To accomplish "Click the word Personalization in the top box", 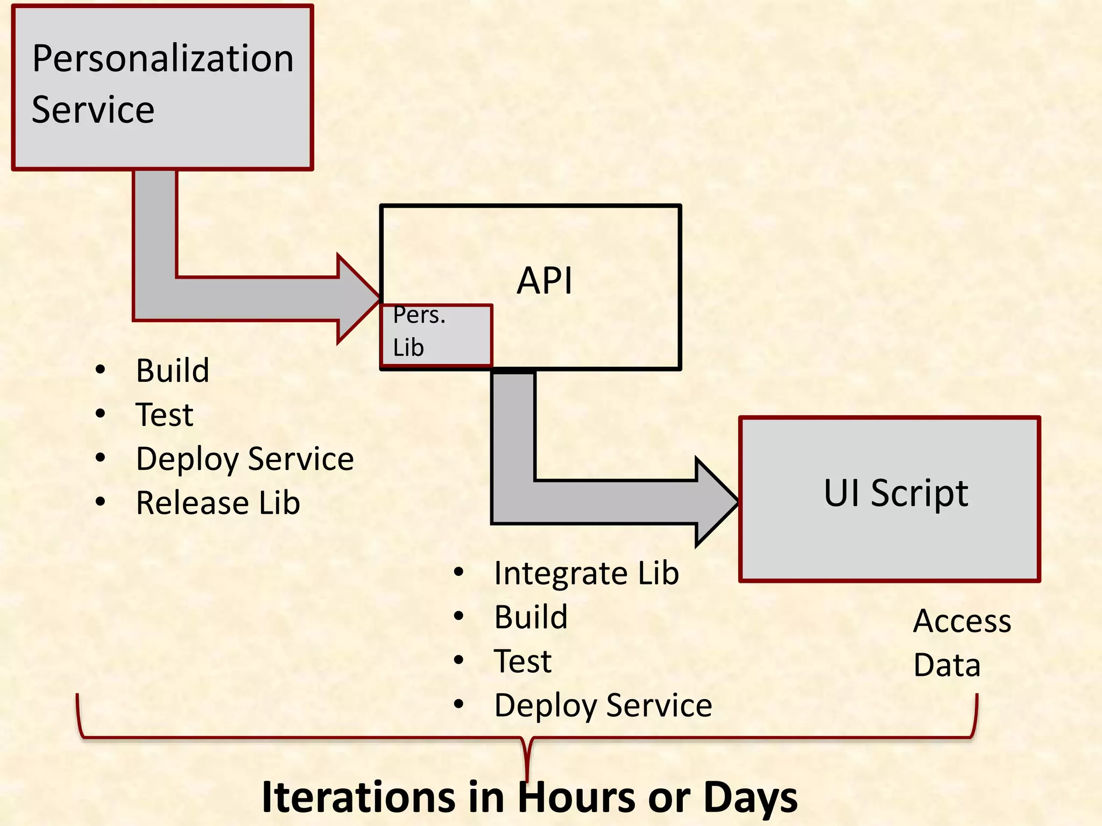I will (x=163, y=59).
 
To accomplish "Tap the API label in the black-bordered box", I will (x=545, y=281).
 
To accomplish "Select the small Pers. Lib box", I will (x=436, y=335).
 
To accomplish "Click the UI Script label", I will (x=896, y=493).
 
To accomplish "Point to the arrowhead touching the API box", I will (x=358, y=298).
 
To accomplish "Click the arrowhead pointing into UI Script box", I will (x=716, y=502).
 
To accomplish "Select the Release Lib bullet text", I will (x=218, y=503).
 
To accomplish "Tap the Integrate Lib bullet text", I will (x=587, y=573).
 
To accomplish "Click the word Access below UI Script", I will (x=962, y=622).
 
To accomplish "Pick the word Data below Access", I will (x=947, y=666).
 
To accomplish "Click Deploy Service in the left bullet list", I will (x=245, y=459).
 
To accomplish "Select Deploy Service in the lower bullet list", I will (x=603, y=706).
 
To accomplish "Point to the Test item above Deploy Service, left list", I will (x=165, y=415).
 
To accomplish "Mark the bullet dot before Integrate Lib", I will (x=458, y=572).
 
